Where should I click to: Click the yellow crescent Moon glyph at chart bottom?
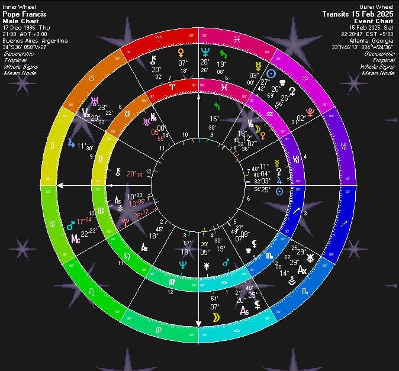(215, 318)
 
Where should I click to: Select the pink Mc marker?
(75, 238)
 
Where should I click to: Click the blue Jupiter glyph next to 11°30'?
(72, 143)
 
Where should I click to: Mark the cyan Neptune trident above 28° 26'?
(205, 52)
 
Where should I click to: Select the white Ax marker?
(303, 270)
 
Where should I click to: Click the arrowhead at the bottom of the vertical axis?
(199, 323)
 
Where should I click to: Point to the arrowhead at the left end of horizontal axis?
(60, 186)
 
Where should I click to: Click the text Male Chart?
(20, 21)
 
